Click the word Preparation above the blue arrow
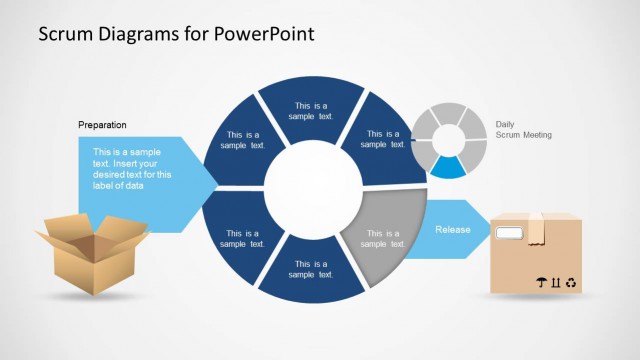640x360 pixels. (102, 125)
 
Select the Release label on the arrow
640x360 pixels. (452, 229)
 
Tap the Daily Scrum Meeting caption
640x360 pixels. (523, 130)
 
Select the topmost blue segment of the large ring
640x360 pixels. (310, 108)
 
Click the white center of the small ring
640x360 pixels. (449, 138)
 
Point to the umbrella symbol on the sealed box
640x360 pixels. (541, 283)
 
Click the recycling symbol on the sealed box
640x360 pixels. (570, 283)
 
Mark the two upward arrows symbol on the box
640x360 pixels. (555, 283)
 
